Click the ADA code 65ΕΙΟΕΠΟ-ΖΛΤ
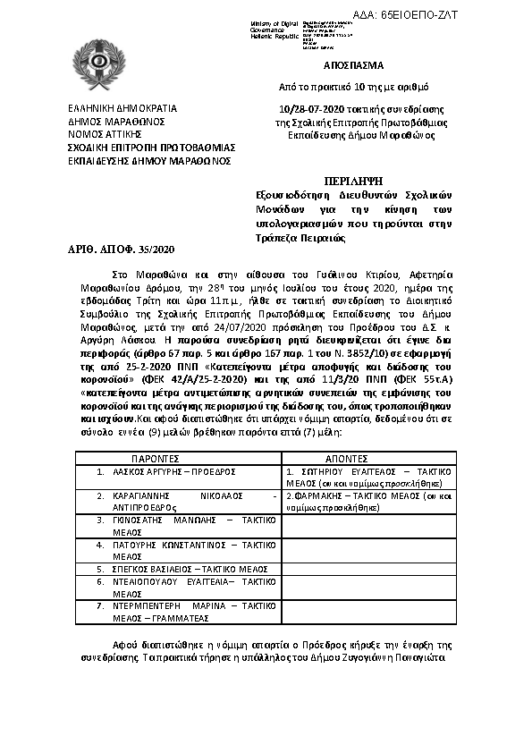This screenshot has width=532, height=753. point(467,17)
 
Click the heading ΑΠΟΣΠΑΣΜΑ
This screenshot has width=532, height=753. point(354,66)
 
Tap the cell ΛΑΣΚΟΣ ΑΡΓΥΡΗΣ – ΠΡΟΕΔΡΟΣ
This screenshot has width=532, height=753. point(178,470)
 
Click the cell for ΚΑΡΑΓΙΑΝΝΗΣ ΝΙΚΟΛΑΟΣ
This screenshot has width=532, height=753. point(178,499)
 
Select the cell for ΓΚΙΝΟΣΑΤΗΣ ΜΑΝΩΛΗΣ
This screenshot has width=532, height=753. point(178,524)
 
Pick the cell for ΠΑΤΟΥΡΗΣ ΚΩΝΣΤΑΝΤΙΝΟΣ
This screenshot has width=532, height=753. point(178,549)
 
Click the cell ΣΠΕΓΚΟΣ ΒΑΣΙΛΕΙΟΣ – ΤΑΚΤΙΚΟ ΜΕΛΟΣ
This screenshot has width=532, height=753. point(178,568)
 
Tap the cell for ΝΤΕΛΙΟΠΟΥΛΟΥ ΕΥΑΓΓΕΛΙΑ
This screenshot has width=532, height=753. point(178,587)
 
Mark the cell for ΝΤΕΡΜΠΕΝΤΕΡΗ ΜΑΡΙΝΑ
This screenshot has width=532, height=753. point(178,612)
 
